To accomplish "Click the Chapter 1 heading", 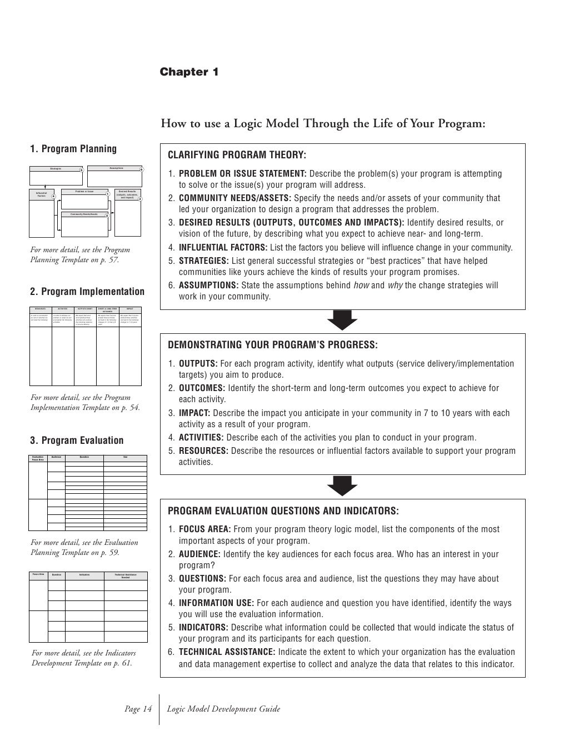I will [189, 72].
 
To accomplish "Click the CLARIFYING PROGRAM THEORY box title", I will [237, 155].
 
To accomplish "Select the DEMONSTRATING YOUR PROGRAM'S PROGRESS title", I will [272, 345].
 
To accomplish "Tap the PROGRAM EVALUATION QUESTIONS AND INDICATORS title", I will [283, 511].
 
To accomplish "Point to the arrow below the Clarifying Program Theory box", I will [342, 320].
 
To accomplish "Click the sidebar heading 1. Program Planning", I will [73, 149].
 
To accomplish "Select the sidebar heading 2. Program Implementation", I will [87, 292].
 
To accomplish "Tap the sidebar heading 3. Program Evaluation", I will [77, 440].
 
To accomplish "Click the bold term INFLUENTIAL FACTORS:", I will [223, 248].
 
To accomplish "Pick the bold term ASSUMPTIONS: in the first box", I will [208, 286].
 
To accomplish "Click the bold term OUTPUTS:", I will [198, 364].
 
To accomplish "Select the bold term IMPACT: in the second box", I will [194, 413].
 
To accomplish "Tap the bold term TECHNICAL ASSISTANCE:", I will [227, 652].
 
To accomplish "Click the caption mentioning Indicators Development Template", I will [83, 658].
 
